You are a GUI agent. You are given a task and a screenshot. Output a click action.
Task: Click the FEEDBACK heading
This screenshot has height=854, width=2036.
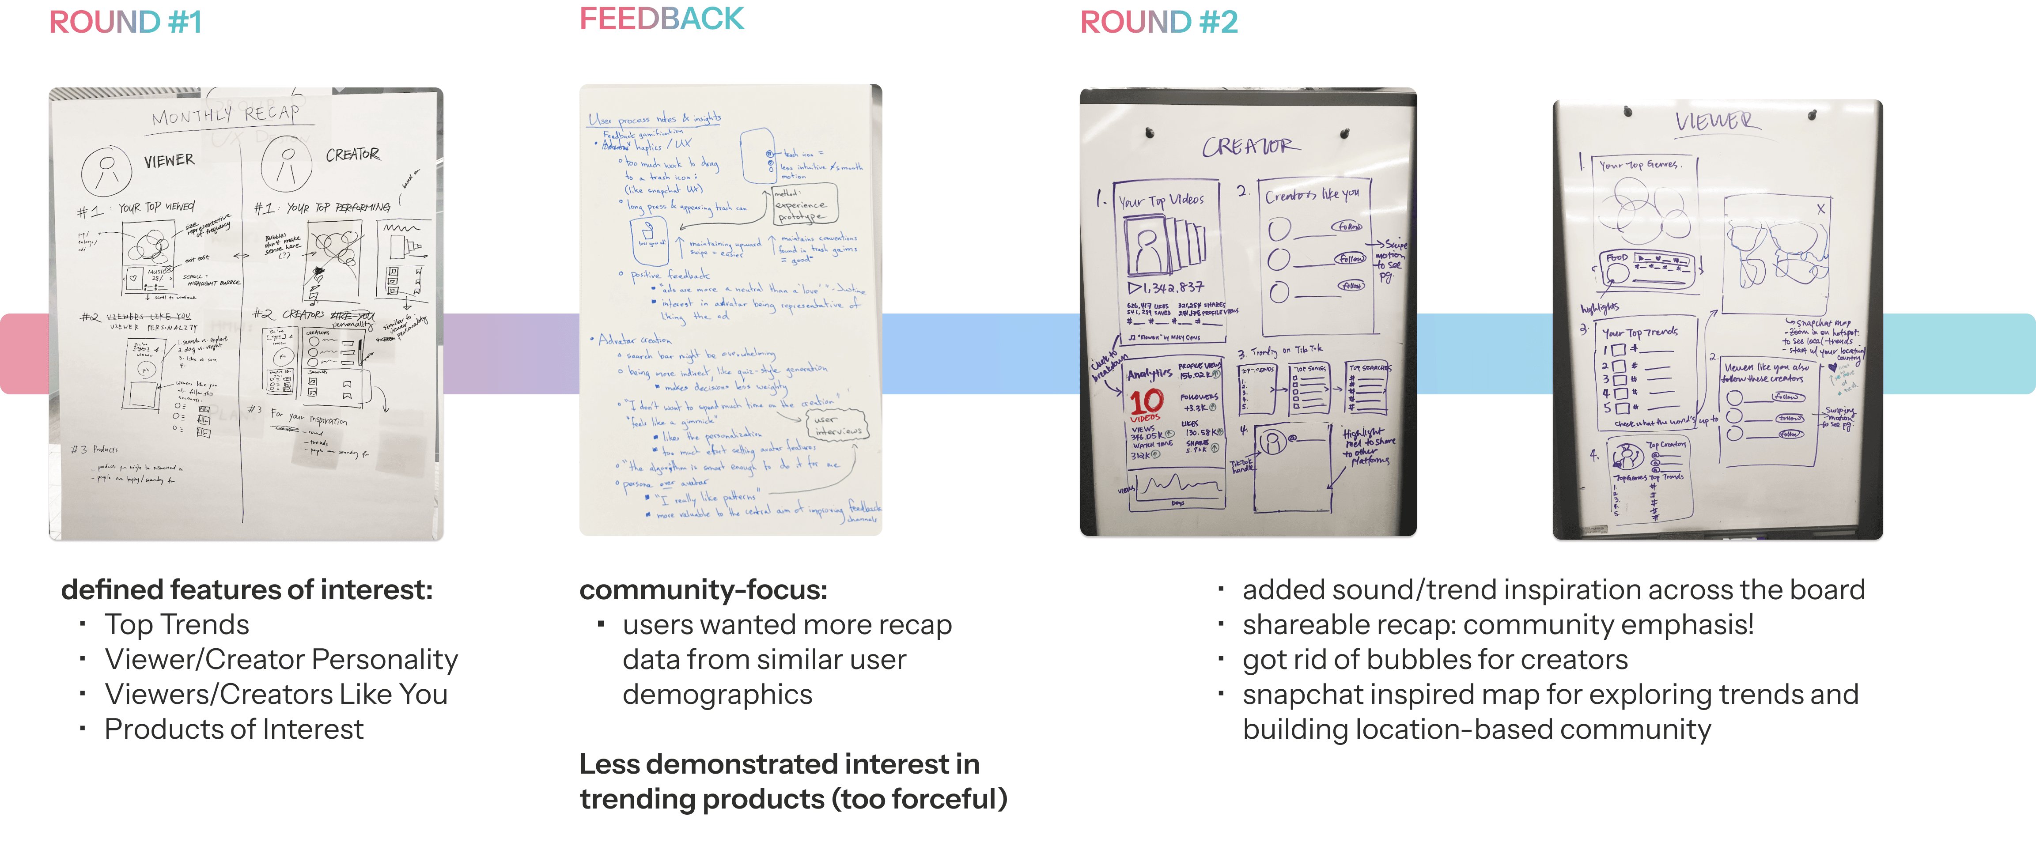(662, 19)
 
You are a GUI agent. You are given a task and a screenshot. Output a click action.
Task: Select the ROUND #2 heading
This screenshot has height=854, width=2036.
(1159, 22)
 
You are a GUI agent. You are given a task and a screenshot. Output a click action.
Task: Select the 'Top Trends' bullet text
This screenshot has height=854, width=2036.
(177, 625)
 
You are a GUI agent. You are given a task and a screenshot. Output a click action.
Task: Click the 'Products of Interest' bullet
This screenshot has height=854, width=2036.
(234, 729)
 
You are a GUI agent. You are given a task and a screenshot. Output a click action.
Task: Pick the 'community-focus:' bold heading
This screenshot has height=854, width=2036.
(703, 590)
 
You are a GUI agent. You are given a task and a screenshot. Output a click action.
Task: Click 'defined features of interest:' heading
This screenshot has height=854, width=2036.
(246, 590)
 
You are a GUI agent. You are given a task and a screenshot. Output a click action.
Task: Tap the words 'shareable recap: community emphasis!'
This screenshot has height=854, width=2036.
(1498, 625)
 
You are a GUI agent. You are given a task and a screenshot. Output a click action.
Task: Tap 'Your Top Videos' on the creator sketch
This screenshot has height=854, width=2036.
(1161, 200)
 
